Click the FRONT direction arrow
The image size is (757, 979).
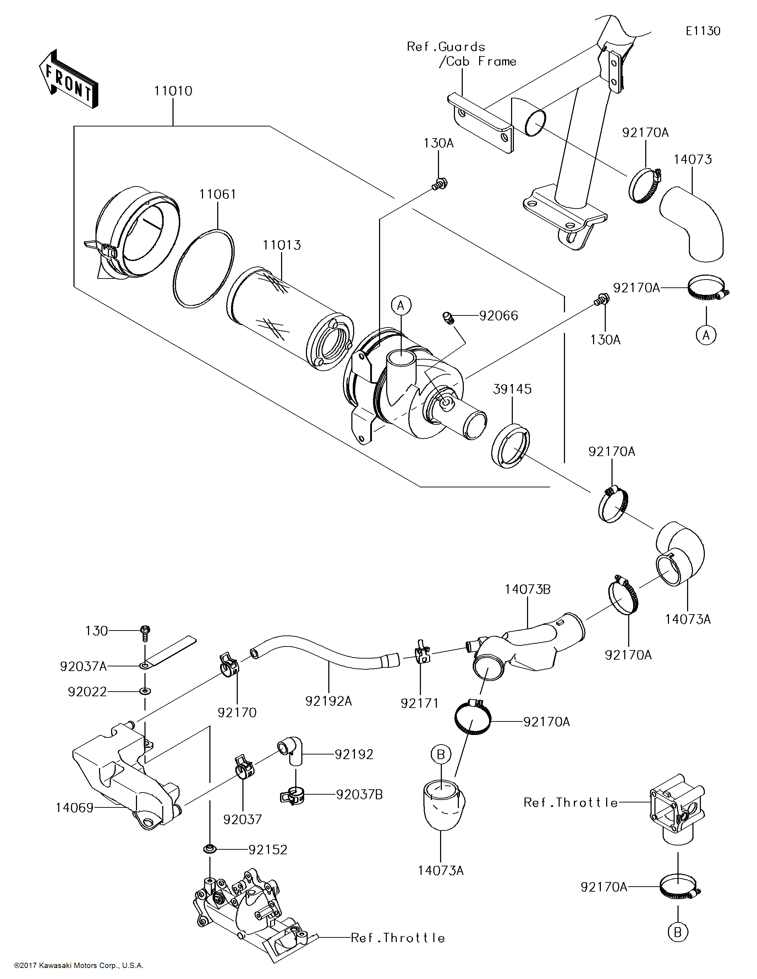[x=68, y=79]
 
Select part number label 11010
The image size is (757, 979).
[x=173, y=91]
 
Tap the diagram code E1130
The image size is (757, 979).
[x=703, y=31]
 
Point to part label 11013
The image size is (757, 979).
[x=282, y=245]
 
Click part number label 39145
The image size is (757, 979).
[x=512, y=389]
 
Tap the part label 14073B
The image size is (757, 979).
[x=528, y=589]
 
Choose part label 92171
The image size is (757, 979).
[x=420, y=703]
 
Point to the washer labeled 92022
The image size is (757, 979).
[x=145, y=691]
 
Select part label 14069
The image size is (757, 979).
[x=75, y=808]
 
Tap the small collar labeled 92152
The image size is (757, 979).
[x=209, y=849]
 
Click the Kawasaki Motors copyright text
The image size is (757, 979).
[x=78, y=966]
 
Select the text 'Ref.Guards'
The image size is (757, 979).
[x=446, y=47]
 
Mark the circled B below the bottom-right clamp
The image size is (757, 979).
[x=678, y=932]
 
